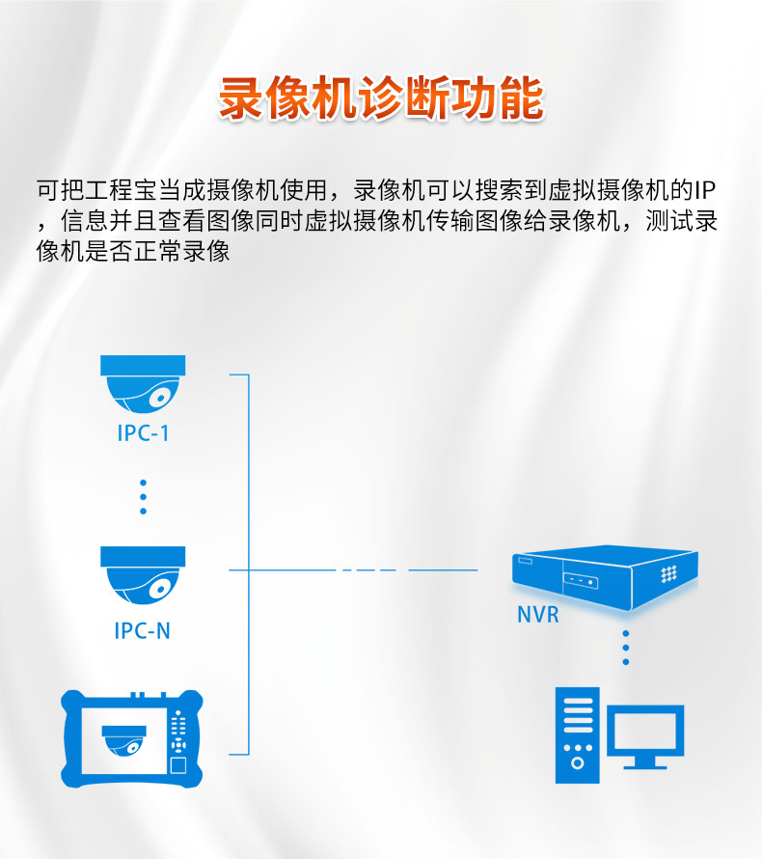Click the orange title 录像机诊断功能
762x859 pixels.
click(381, 98)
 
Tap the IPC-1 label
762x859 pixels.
click(143, 432)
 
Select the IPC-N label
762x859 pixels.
click(143, 631)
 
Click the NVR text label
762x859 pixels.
click(537, 614)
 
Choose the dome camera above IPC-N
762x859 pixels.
click(143, 577)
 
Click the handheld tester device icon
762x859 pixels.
click(132, 737)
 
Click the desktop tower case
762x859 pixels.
click(577, 734)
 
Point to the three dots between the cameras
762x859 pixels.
click(143, 496)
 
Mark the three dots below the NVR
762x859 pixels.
click(625, 648)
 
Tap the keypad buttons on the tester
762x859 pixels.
click(177, 733)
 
